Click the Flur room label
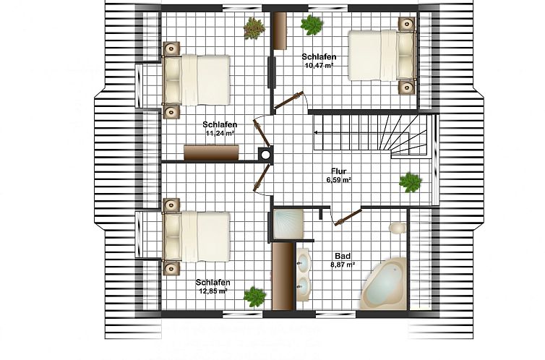tap(338, 171)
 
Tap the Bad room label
tap(343, 256)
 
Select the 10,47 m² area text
tap(319, 65)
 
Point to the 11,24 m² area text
tap(220, 132)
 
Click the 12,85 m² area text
tap(213, 291)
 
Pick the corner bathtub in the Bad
tap(383, 283)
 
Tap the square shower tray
tap(288, 224)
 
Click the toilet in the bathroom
tap(398, 228)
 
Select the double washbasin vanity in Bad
tap(304, 274)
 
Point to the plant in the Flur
tap(411, 182)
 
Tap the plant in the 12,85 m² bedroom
tap(254, 296)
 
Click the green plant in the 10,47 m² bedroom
tap(312, 25)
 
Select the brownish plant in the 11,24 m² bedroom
tap(254, 28)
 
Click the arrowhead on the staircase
tap(317, 132)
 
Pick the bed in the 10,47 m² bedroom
tap(382, 56)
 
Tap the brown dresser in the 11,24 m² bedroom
tap(211, 153)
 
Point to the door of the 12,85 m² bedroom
tap(262, 177)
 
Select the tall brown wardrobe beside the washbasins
tap(283, 276)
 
